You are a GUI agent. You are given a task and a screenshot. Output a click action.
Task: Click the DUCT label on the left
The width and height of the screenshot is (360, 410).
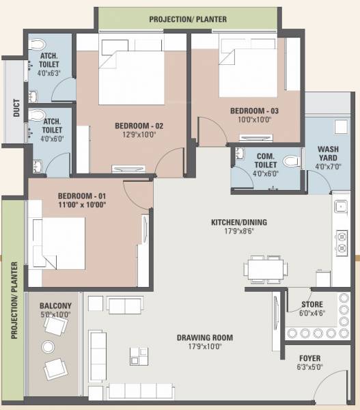(16, 109)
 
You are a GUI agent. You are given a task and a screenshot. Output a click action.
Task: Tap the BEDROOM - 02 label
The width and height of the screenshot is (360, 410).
(139, 125)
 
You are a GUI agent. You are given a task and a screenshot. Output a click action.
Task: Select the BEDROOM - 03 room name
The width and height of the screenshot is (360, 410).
(254, 111)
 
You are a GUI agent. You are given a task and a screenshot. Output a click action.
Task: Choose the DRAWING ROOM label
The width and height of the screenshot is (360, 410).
(204, 338)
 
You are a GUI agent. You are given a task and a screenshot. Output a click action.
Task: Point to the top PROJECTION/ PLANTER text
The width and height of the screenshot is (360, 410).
(187, 19)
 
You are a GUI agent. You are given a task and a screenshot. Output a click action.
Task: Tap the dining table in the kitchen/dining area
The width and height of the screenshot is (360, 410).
(265, 269)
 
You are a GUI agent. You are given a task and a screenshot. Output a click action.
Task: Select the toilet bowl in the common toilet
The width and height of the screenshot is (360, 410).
(291, 161)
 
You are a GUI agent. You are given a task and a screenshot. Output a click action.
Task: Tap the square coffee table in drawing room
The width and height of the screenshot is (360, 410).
(139, 355)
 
